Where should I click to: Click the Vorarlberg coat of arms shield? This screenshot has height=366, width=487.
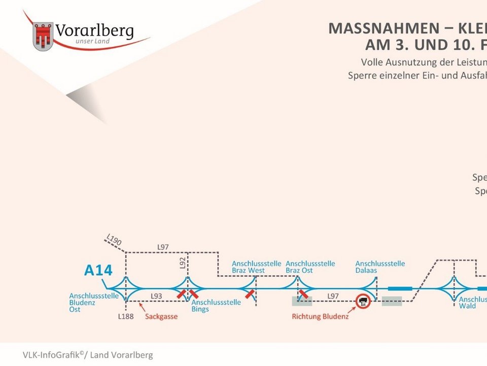tap(43, 36)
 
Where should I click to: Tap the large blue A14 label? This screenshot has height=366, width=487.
tap(98, 271)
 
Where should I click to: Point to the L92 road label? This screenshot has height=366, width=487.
tap(183, 262)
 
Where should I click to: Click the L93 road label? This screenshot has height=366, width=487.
tap(156, 295)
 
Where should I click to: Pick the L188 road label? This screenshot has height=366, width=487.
tap(125, 316)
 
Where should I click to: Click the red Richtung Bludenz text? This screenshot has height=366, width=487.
tap(320, 317)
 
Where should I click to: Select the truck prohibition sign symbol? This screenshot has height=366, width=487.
tap(363, 301)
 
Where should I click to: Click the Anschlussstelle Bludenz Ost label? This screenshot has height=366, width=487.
tap(94, 302)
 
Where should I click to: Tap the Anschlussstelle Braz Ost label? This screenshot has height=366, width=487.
tap(310, 267)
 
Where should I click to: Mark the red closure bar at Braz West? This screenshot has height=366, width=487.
tap(249, 294)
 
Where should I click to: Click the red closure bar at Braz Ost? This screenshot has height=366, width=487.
tap(303, 294)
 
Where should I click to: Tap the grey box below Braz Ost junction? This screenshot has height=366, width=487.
tap(302, 301)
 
